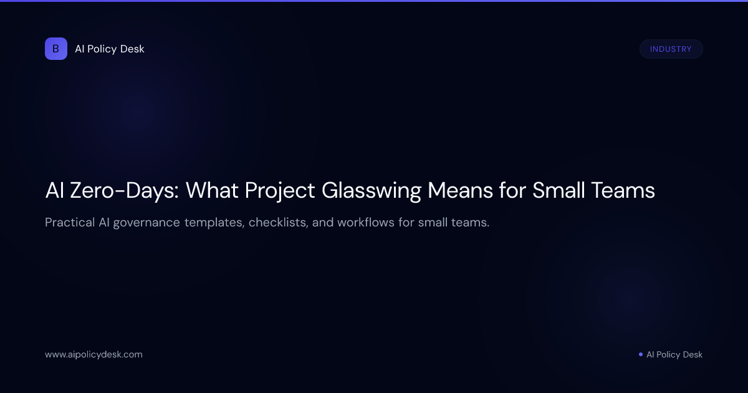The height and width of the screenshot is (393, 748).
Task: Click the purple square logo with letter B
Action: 56,49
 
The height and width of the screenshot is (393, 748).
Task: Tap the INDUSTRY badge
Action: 671,49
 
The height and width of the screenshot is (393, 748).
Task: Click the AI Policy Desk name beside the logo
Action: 110,49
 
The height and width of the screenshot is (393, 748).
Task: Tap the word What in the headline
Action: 209,190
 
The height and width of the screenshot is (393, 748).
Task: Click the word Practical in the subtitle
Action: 69,223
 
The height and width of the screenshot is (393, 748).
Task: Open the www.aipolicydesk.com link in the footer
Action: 93,354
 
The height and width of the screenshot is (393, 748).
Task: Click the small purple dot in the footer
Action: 641,354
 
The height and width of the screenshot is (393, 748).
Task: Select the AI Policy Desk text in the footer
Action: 674,354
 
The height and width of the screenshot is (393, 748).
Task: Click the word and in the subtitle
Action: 323,223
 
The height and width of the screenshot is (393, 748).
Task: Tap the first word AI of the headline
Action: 55,190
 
